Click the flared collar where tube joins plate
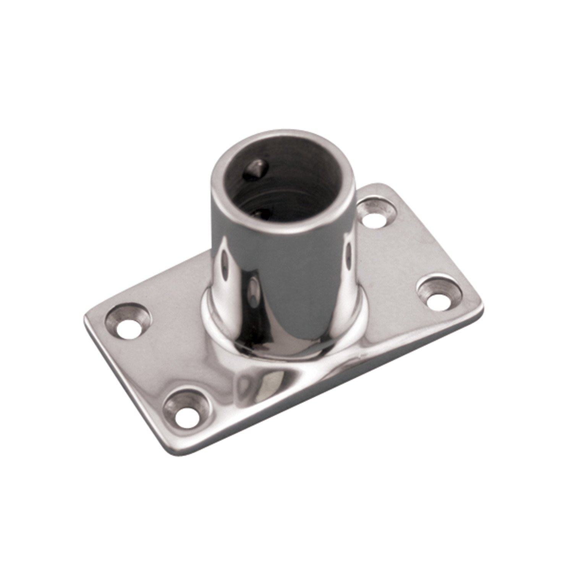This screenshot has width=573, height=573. [x=237, y=346]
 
